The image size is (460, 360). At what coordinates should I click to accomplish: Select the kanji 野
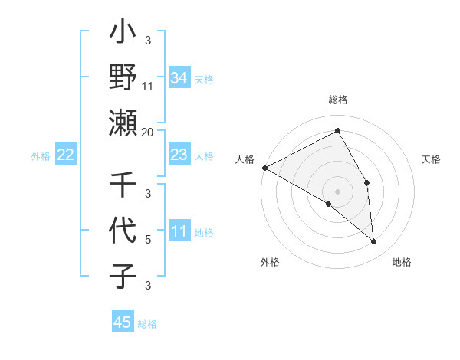pyautogui.click(x=123, y=79)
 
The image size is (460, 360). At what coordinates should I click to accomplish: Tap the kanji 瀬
pyautogui.click(x=123, y=123)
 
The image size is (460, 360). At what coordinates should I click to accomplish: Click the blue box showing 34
pyautogui.click(x=179, y=78)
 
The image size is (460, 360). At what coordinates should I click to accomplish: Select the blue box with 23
pyautogui.click(x=179, y=155)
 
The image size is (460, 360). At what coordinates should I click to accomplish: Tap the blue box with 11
pyautogui.click(x=179, y=232)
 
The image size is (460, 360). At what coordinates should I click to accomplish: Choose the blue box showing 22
pyautogui.click(x=66, y=155)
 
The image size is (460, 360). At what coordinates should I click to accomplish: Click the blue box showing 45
pyautogui.click(x=123, y=322)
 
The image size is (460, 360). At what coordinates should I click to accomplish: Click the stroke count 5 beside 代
pyautogui.click(x=147, y=240)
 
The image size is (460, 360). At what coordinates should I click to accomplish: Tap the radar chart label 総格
pyautogui.click(x=338, y=100)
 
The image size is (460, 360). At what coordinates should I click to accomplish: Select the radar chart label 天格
pyautogui.click(x=432, y=159)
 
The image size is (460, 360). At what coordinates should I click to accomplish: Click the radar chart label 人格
pyautogui.click(x=245, y=159)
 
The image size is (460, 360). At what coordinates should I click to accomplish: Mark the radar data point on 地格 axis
pyautogui.click(x=374, y=241)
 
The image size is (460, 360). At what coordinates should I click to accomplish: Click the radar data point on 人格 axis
pyautogui.click(x=264, y=168)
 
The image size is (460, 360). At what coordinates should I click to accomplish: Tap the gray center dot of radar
pyautogui.click(x=338, y=191)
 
